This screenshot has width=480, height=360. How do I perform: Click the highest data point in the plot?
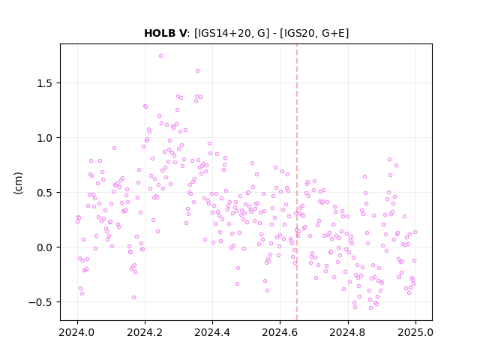(160, 56)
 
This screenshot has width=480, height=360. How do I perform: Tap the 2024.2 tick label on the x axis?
(145, 332)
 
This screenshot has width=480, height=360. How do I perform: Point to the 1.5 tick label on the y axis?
(44, 83)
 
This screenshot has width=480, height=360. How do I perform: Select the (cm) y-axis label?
(18, 183)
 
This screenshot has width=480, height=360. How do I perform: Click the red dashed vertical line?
(297, 182)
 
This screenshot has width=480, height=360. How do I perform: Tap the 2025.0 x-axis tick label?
(415, 332)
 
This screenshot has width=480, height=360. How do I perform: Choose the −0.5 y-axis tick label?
(40, 302)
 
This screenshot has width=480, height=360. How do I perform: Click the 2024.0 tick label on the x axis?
(77, 332)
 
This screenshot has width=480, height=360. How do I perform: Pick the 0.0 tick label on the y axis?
(44, 247)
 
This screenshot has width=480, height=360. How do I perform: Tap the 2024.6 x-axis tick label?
(280, 332)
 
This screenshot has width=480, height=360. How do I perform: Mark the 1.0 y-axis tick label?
(44, 138)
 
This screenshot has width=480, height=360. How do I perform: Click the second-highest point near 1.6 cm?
(197, 71)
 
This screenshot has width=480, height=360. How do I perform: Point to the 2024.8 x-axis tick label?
(347, 332)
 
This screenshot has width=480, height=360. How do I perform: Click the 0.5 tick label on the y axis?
(44, 193)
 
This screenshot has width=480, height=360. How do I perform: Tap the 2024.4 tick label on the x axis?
(212, 332)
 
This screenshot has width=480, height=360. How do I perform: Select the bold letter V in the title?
(181, 33)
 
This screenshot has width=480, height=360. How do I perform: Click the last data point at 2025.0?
(415, 232)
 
